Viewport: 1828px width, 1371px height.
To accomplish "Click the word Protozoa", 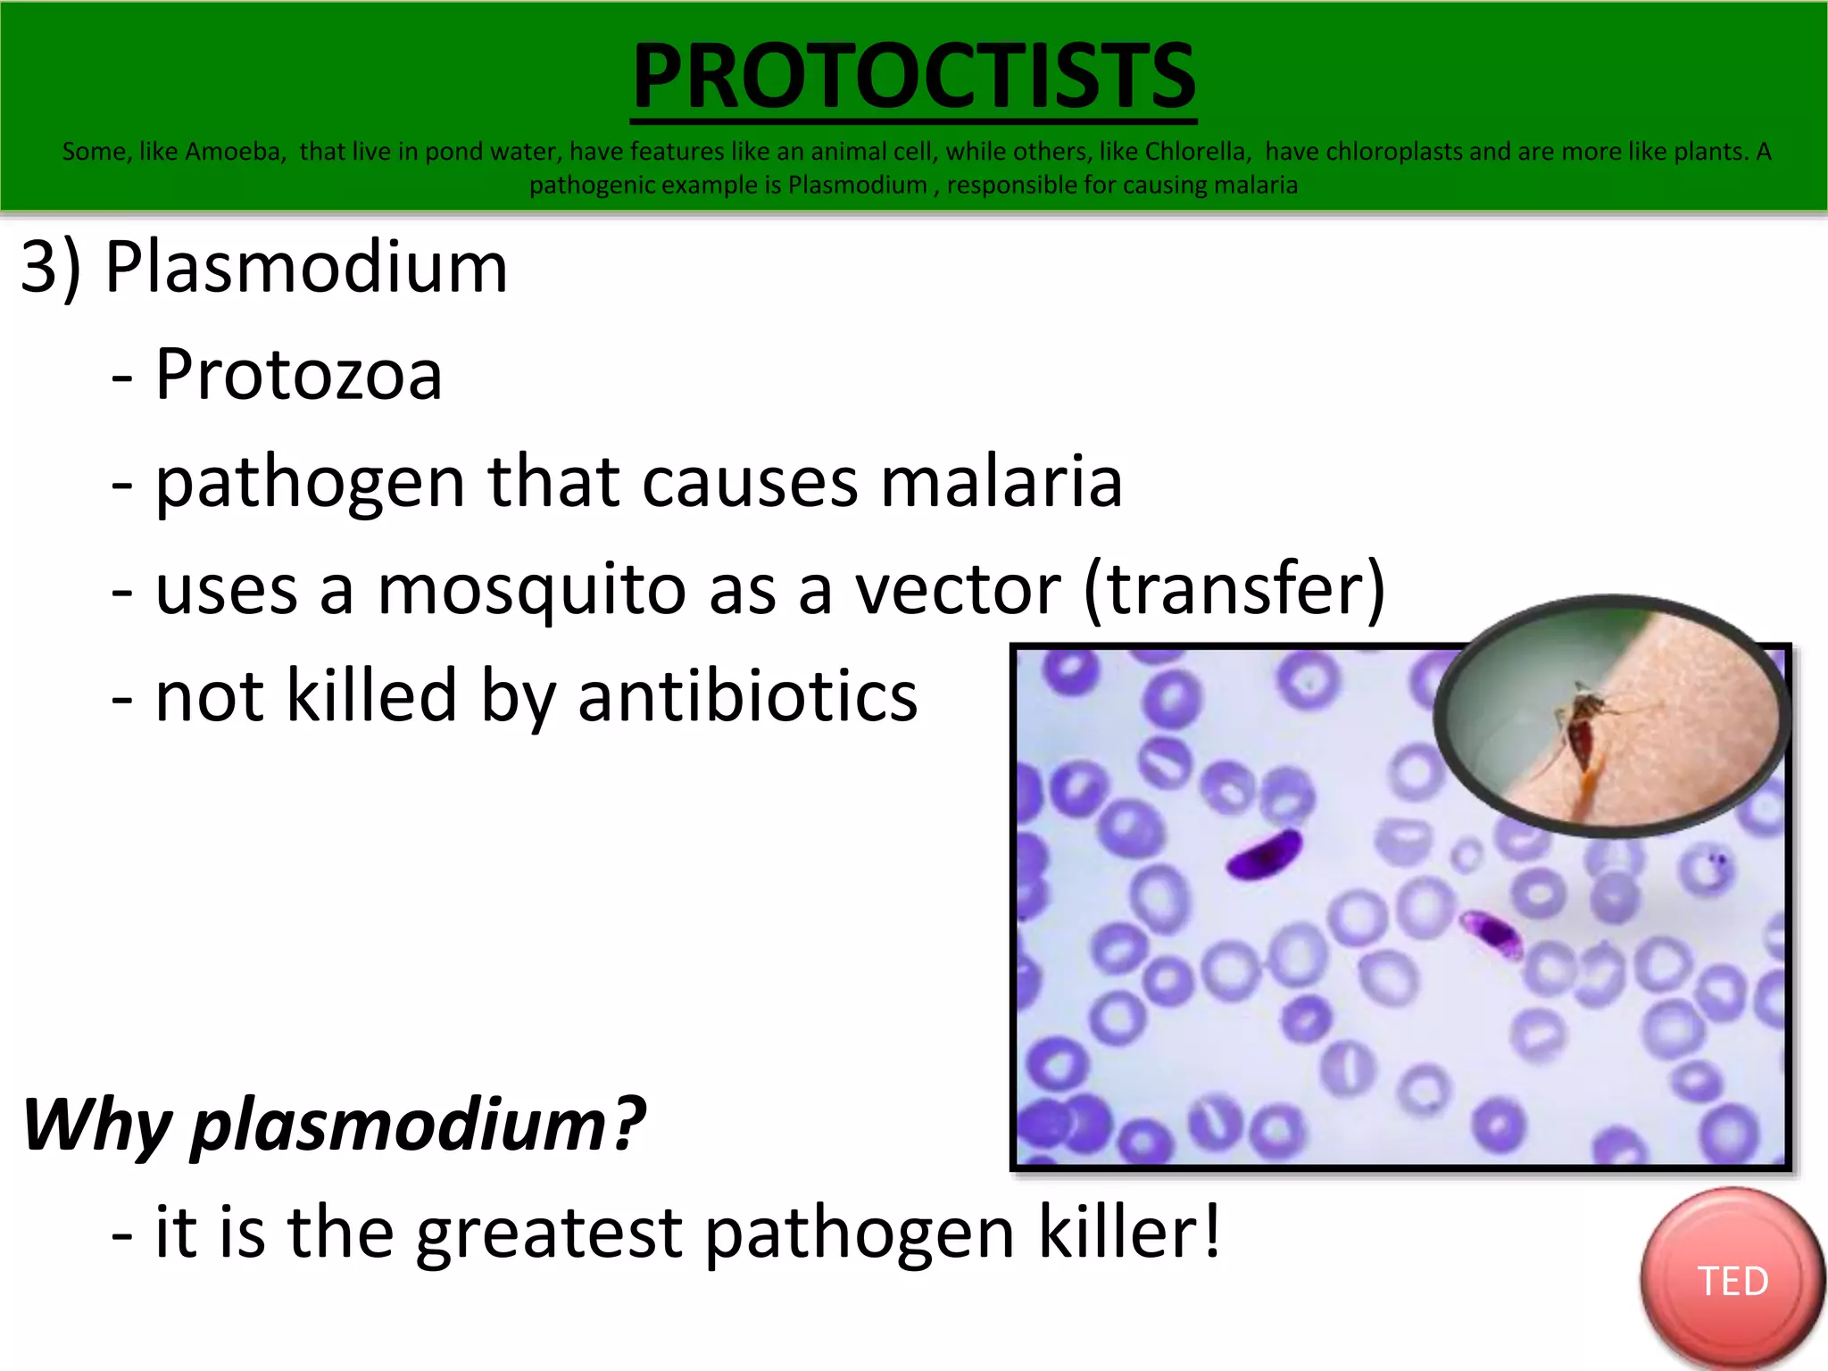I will pos(298,374).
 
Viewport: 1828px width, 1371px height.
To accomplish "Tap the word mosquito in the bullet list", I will pos(532,589).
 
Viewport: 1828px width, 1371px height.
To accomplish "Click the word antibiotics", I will pos(747,696).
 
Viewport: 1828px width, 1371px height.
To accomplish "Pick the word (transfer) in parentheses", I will pos(1234,589).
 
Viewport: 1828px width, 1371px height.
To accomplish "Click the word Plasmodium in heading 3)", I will pos(306,267).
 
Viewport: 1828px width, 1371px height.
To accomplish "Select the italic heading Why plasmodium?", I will pos(333,1125).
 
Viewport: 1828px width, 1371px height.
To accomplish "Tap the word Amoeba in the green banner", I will pos(234,152).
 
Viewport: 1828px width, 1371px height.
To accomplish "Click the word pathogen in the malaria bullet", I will pos(310,483).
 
